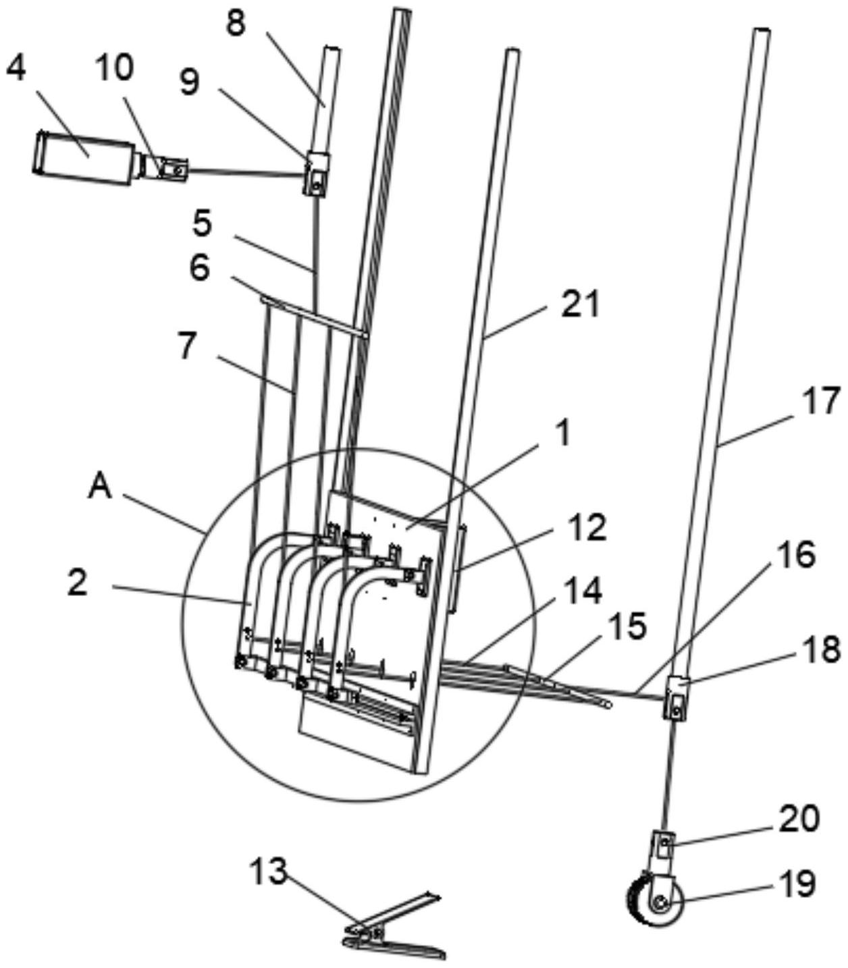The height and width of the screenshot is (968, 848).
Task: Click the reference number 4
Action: click(x=18, y=70)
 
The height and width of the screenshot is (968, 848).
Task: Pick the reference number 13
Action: click(x=268, y=871)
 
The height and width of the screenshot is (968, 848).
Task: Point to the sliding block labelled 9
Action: click(x=316, y=173)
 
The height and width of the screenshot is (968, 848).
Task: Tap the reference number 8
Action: click(x=236, y=24)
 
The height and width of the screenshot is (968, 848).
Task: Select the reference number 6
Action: click(x=199, y=269)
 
